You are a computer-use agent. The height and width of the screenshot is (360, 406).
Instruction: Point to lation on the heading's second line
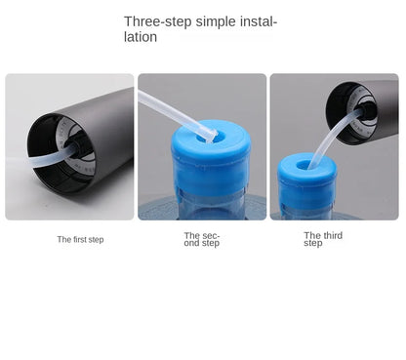(141, 37)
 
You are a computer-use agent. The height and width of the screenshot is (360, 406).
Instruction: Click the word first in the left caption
(80, 239)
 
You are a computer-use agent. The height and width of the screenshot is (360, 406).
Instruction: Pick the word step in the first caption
(96, 239)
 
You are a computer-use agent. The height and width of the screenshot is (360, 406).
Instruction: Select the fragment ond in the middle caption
(192, 243)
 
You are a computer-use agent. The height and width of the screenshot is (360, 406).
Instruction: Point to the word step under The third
(312, 243)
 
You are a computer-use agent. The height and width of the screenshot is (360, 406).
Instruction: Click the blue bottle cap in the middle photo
(210, 156)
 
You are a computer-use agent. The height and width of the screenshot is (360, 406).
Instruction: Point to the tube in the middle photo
(171, 109)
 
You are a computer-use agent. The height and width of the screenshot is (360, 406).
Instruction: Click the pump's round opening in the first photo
(61, 148)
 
